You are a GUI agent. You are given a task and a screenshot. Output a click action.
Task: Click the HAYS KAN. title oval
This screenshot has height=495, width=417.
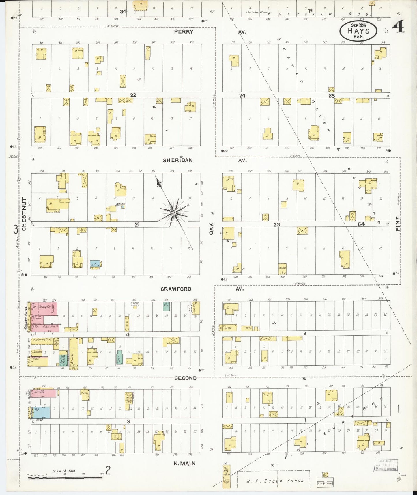358,31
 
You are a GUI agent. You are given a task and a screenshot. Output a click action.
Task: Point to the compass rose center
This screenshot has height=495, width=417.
174,213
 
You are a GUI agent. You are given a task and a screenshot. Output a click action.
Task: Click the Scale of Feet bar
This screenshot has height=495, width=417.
65,477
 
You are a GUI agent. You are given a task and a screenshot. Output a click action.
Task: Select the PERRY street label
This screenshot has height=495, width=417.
184,31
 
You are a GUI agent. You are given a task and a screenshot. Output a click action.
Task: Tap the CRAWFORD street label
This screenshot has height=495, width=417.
176,289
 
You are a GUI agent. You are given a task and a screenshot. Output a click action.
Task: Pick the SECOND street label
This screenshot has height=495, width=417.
186,378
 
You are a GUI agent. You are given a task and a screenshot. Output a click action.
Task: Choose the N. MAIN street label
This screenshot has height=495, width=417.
184,463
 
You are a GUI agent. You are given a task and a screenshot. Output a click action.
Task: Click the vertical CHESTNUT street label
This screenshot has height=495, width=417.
24,214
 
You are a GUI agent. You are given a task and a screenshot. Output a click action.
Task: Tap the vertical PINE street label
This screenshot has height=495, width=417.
398,224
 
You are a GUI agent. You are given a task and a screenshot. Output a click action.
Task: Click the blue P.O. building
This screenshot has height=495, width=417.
41,412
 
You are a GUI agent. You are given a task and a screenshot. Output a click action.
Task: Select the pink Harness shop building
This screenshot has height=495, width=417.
42,393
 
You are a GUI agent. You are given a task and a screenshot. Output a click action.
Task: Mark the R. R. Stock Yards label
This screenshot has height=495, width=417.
275,481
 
